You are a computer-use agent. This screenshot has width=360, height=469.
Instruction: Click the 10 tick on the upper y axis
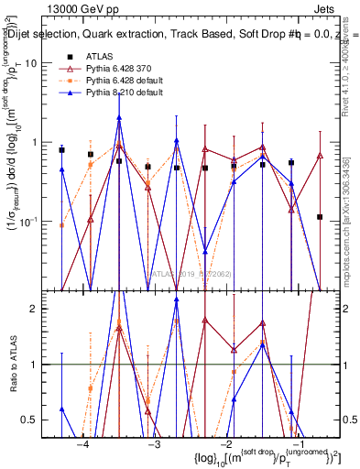click(41, 63)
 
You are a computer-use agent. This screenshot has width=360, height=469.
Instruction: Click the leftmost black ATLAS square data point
click(61, 149)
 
